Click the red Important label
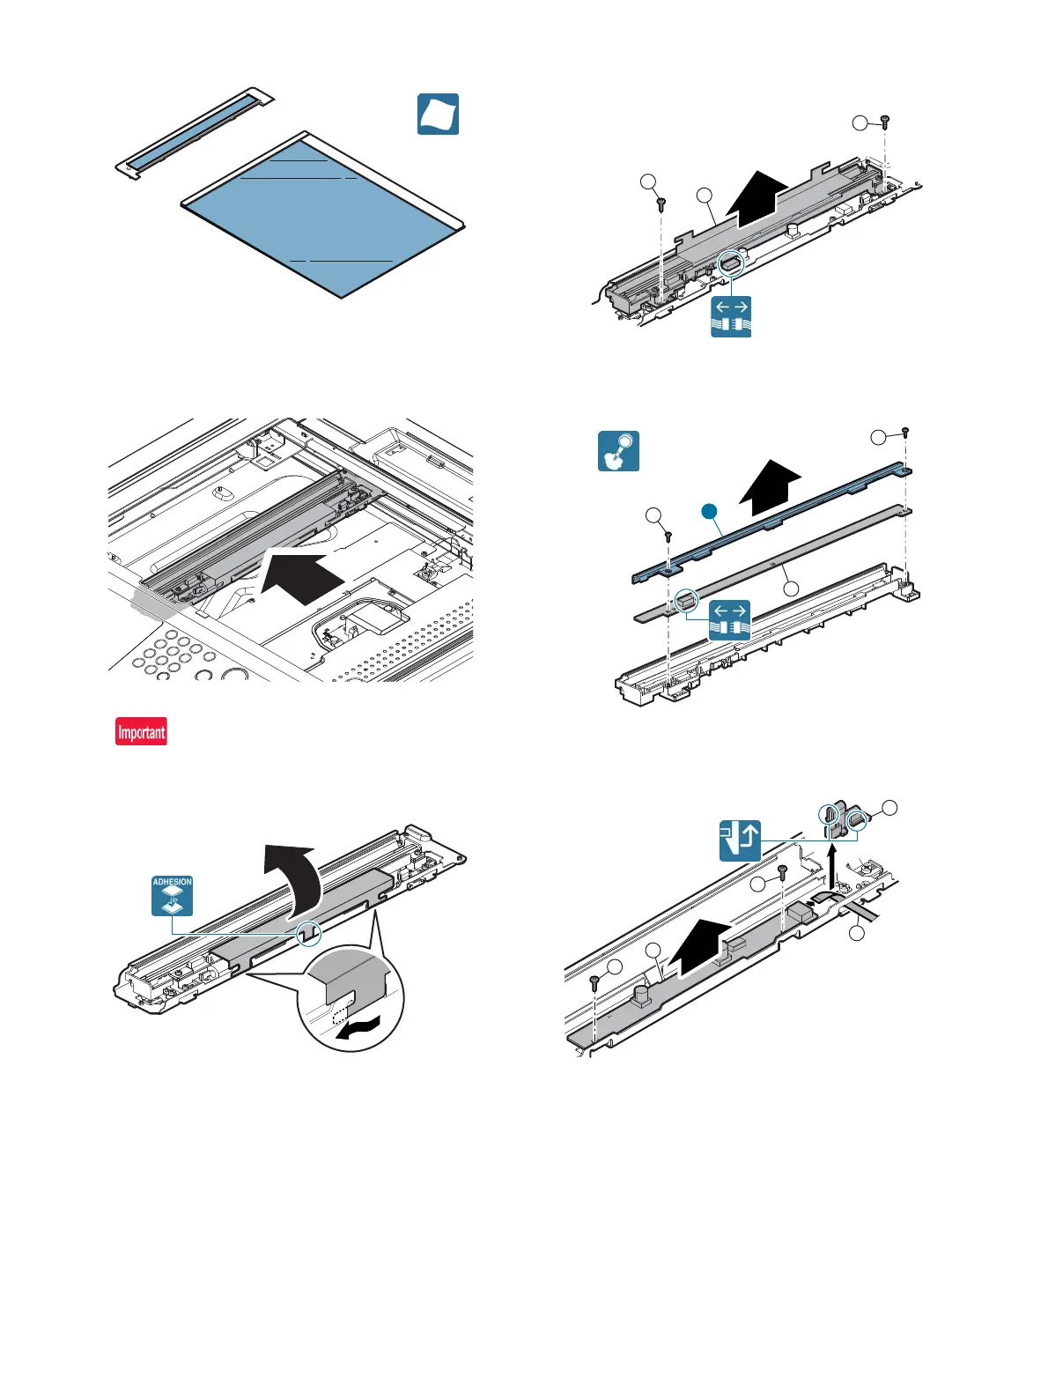[x=141, y=732]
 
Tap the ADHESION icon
[x=172, y=896]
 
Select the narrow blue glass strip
[x=188, y=133]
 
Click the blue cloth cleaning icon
[x=438, y=115]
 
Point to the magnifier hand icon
[x=618, y=451]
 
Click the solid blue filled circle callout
[x=707, y=511]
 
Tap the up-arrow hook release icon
[x=740, y=840]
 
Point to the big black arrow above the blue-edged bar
[x=770, y=486]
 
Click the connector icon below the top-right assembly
[x=731, y=317]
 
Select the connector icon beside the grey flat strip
[x=729, y=619]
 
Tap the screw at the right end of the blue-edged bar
[x=904, y=433]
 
